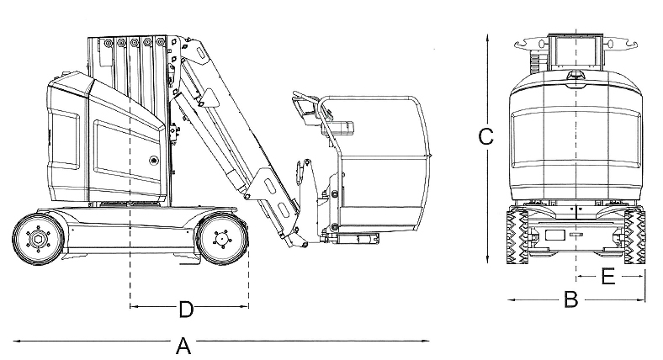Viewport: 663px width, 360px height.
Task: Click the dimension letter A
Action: tap(183, 346)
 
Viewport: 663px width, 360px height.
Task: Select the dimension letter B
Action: tap(570, 299)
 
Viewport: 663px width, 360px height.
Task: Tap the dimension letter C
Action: tap(485, 136)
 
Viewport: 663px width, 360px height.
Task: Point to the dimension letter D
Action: tap(186, 310)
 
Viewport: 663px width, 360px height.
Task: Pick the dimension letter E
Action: tap(607, 277)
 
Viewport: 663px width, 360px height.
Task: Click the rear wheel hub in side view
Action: tap(38, 240)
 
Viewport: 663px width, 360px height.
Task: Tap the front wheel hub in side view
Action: tap(220, 239)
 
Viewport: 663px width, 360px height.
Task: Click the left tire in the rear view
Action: tap(517, 236)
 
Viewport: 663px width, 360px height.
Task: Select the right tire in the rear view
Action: tap(634, 236)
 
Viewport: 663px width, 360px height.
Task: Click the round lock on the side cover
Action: tap(152, 161)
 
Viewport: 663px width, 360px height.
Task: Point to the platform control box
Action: tap(339, 128)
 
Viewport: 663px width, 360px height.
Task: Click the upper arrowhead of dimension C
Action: tap(487, 38)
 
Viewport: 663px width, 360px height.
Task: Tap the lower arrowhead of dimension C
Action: tap(487, 259)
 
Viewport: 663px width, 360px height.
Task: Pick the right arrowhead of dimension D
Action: tap(244, 306)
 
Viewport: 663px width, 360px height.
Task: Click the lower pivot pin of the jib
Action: tap(304, 244)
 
